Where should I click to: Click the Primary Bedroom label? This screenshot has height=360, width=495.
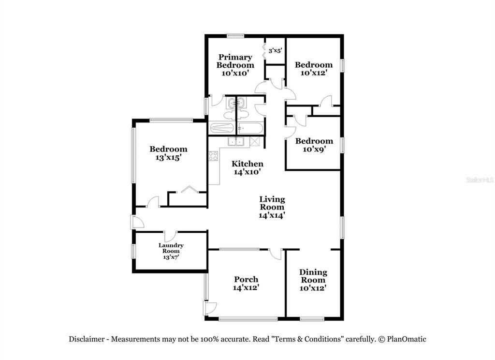235,65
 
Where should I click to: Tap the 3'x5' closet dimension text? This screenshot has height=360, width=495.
275,51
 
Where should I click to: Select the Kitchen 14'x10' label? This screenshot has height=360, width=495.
247,168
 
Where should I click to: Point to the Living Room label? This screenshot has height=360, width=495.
272,208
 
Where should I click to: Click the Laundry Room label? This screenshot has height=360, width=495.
171,251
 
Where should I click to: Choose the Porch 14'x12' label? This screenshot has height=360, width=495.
246,284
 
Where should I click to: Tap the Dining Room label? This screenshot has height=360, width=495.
313,280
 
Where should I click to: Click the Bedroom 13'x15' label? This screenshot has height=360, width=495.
168,153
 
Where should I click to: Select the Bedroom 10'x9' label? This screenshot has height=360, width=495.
314,145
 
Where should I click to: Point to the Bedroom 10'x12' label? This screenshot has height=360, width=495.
313,69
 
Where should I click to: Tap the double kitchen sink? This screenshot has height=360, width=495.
236,142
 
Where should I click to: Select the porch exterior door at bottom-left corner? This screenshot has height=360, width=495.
210,308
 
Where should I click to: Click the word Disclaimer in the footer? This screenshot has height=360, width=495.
87,339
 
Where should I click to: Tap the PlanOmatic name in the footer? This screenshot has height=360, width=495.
407,339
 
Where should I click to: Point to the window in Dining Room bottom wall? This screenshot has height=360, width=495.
312,319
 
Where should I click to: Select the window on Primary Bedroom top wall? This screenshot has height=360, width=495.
235,36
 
